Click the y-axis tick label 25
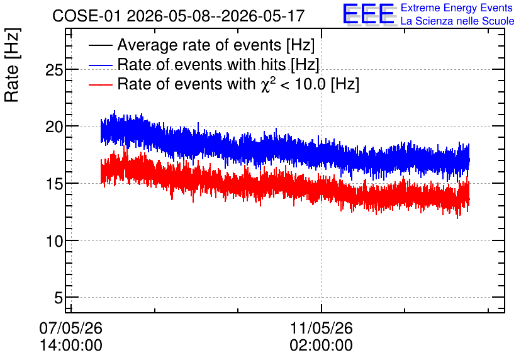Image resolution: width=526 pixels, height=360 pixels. point(54,70)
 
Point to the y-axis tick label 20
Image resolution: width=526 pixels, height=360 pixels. point(54,127)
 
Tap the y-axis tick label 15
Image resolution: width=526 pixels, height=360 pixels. point(54,184)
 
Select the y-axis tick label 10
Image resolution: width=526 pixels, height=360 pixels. point(54,241)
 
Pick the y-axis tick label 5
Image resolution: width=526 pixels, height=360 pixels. point(59,298)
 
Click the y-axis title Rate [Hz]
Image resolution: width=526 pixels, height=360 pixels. point(12,65)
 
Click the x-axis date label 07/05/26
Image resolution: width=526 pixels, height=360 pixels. point(70,328)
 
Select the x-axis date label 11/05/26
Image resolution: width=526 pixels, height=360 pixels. point(322,328)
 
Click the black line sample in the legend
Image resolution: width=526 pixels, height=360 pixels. point(101,45)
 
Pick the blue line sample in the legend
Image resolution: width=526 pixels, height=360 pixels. point(101,65)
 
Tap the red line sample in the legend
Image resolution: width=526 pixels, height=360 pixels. point(101,84)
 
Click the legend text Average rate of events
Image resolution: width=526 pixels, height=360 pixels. point(199,45)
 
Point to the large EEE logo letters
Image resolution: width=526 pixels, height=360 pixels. point(369,14)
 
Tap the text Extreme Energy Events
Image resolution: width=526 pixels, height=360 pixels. point(457,8)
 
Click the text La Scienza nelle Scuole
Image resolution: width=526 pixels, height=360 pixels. point(457,21)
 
